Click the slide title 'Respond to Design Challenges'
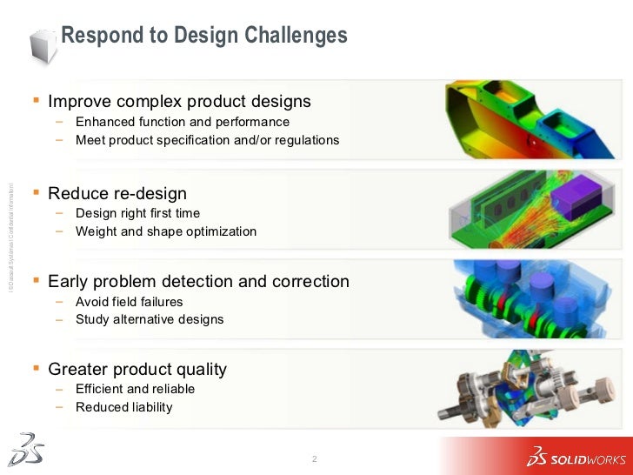(204, 36)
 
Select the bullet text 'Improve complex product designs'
(179, 102)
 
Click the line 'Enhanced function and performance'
(183, 122)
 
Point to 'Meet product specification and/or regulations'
(207, 140)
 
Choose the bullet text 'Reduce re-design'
(117, 193)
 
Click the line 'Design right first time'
(137, 213)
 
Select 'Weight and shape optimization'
(166, 231)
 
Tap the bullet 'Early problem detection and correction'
(198, 282)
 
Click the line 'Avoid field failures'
(130, 302)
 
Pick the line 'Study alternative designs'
(150, 319)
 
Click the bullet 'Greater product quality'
(137, 369)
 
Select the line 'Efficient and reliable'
(135, 389)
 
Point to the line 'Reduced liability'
(124, 407)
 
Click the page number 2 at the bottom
(314, 458)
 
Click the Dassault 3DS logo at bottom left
(25, 448)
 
